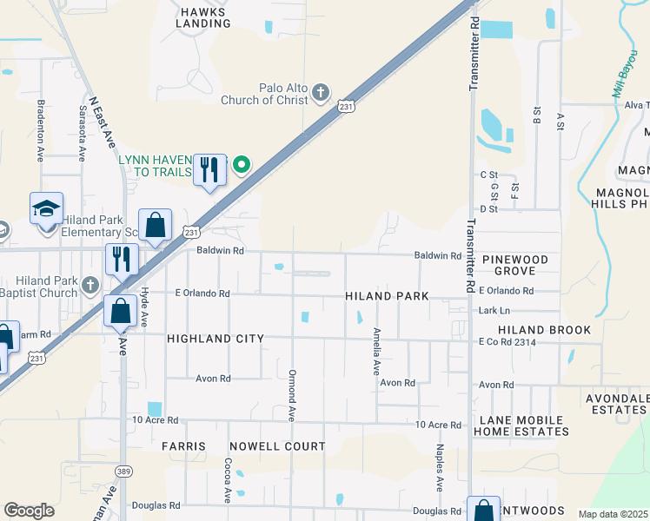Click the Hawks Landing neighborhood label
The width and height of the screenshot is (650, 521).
coord(202,17)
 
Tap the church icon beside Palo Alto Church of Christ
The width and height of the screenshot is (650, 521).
coord(321,91)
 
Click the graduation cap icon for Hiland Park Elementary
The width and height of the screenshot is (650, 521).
coord(46,208)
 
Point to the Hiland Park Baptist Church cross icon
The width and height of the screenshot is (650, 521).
coord(90,285)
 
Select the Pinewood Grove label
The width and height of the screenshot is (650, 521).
coord(516,266)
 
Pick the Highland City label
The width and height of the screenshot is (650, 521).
coord(215,339)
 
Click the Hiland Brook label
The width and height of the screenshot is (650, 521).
coord(544,330)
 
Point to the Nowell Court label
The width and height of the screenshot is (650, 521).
coord(277,446)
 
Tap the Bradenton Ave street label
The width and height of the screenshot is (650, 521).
coord(40,130)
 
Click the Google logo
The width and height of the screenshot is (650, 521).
coord(30,511)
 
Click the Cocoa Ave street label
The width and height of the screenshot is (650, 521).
coord(227,481)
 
